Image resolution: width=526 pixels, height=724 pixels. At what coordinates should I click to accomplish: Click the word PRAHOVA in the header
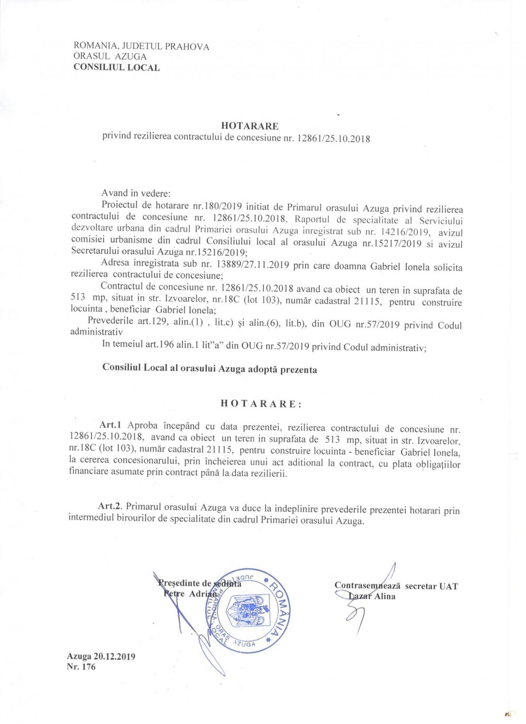(187, 47)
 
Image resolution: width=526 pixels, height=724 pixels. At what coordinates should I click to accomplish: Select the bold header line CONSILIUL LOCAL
(116, 67)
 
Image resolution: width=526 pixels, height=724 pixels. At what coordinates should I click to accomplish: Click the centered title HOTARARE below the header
(250, 126)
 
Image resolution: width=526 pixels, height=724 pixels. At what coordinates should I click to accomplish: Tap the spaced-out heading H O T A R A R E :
(261, 404)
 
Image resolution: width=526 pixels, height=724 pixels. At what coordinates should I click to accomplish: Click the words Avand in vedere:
(135, 193)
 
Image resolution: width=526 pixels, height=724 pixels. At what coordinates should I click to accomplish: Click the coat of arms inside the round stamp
(248, 609)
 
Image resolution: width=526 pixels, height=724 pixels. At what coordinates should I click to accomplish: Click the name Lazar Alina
(372, 596)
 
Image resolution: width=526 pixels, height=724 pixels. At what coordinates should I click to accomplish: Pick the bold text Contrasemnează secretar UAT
(396, 586)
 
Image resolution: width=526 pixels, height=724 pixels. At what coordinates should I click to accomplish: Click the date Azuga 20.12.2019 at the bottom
(101, 656)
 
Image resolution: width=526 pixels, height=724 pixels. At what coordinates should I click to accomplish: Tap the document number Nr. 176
(81, 667)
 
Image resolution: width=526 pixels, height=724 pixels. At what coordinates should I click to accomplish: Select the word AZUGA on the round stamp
(244, 643)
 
